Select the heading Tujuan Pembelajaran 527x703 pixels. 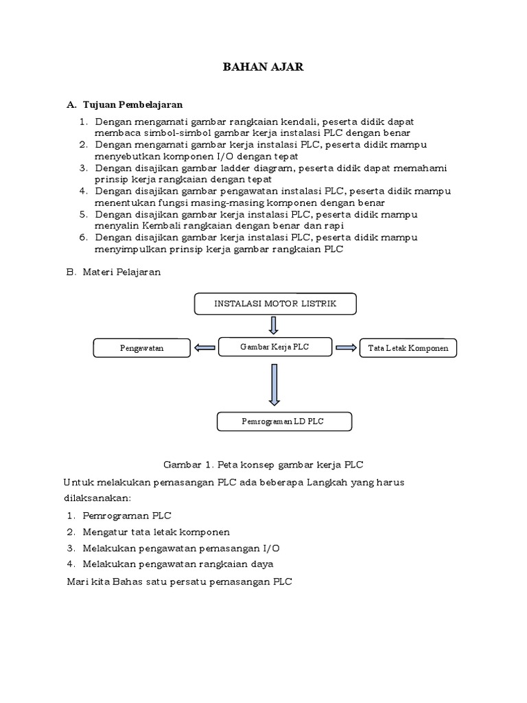132,104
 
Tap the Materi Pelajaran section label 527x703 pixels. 121,272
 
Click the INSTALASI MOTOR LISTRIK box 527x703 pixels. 275,304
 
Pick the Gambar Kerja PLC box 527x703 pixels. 274,347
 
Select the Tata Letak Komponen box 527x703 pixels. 408,349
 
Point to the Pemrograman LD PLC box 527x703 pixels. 274,421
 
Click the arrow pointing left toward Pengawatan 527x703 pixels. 204,348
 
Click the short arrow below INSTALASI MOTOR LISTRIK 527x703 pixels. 274,325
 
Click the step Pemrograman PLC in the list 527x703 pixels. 127,516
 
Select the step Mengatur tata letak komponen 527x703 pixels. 156,532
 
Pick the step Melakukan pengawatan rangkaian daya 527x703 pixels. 178,564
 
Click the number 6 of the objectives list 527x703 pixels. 83,238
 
